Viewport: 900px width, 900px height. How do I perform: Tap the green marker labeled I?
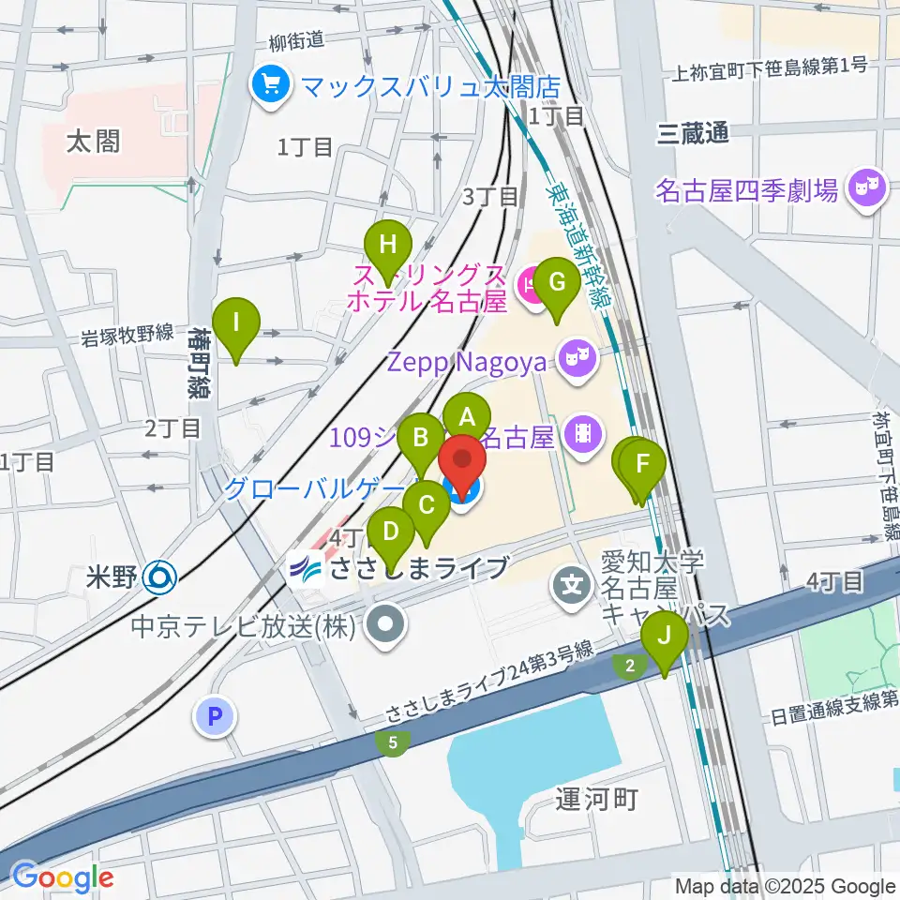(x=236, y=324)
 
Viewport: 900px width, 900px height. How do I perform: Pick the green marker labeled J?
(x=665, y=637)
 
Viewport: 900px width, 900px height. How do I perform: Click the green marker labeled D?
(x=391, y=534)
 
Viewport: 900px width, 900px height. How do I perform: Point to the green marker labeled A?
(x=467, y=414)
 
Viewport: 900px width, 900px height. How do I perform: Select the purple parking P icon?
(x=215, y=718)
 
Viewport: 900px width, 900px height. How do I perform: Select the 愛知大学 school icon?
(x=572, y=589)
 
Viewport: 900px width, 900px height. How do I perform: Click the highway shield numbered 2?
(x=629, y=666)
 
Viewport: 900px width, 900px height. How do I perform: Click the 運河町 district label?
(x=596, y=799)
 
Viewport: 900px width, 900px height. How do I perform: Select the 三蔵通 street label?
(x=693, y=133)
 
